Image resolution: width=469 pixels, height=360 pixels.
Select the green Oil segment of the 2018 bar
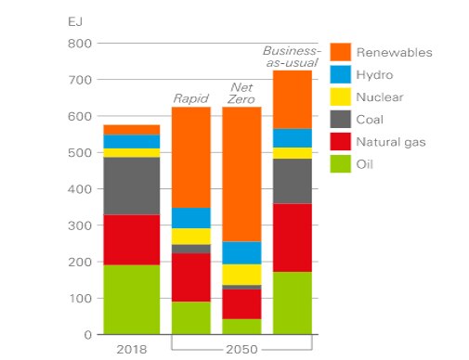pyautogui.click(x=131, y=299)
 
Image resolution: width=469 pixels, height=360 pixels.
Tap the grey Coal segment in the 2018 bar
pyautogui.click(x=131, y=186)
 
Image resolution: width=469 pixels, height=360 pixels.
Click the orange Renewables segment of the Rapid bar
pyautogui.click(x=190, y=157)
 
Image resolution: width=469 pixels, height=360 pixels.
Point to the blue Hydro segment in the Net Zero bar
pyautogui.click(x=241, y=252)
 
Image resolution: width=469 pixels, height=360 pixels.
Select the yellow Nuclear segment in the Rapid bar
pyautogui.click(x=190, y=237)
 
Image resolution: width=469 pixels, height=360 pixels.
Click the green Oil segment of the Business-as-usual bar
pyautogui.click(x=292, y=302)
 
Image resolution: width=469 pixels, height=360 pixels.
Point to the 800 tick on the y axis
pyautogui.click(x=79, y=44)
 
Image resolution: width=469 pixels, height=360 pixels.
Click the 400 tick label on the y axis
pyautogui.click(x=79, y=189)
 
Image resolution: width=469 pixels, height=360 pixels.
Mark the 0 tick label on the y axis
pyautogui.click(x=86, y=334)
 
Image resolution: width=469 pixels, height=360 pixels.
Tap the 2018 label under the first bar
pyautogui.click(x=131, y=350)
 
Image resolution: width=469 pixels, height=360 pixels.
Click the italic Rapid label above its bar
pyautogui.click(x=190, y=97)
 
